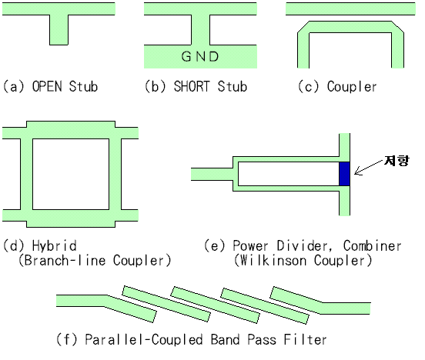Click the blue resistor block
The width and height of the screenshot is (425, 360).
344,174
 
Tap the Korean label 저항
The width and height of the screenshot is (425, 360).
397,160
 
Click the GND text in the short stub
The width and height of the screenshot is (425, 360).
199,57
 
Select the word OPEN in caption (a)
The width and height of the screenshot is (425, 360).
47,86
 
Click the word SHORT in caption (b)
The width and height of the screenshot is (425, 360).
192,86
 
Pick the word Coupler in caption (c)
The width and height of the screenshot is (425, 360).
352,87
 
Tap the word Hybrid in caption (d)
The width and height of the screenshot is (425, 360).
54,245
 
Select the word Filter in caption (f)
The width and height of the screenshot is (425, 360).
305,339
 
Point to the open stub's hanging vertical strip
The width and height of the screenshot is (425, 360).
59,30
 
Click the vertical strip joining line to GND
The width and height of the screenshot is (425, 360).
201,30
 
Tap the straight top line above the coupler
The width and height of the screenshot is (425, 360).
350,8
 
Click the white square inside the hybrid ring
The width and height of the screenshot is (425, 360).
71,174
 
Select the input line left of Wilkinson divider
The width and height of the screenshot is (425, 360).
212,174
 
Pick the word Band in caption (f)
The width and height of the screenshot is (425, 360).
226,339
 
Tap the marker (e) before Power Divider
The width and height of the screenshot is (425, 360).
215,246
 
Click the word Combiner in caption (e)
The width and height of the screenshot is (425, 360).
373,246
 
